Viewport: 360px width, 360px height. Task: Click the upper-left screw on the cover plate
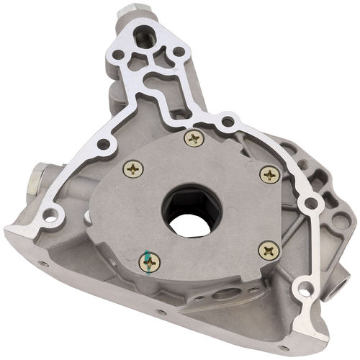[133, 168]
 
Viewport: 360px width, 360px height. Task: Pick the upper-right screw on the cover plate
[269, 174]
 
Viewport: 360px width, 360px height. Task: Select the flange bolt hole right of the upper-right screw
[312, 204]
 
